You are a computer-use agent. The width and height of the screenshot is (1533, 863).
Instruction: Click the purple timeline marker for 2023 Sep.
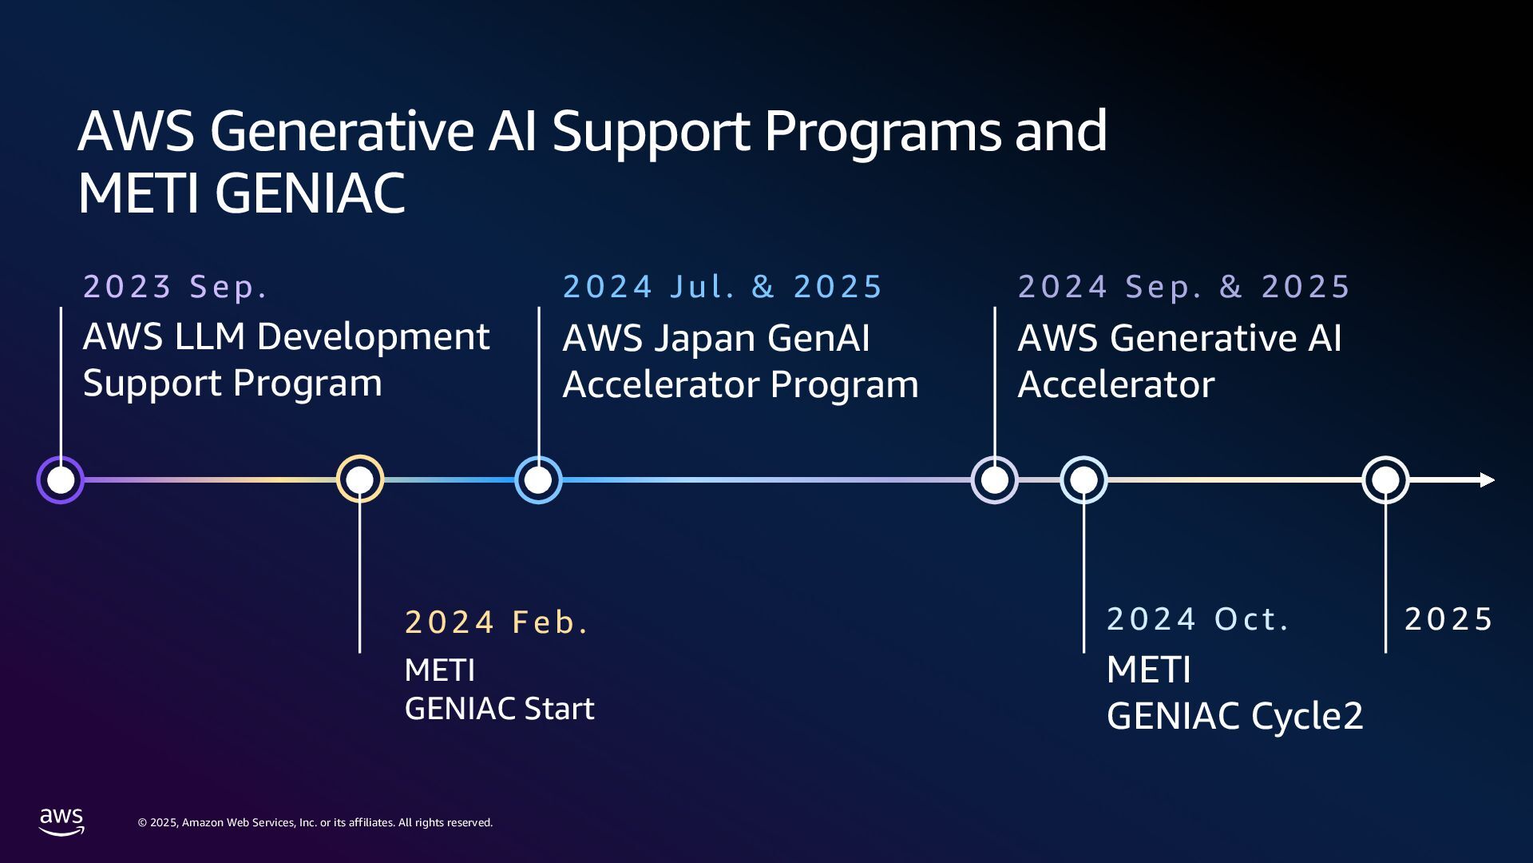click(61, 480)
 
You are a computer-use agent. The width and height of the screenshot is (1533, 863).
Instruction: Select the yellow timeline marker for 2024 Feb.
click(360, 479)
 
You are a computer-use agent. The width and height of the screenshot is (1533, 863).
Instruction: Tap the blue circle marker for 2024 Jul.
click(539, 480)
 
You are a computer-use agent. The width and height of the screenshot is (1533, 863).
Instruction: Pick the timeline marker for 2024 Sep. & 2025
click(995, 480)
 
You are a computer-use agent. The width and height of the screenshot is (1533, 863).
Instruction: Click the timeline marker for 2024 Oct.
click(1083, 480)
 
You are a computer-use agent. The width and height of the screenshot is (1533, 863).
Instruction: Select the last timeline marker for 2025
click(1385, 480)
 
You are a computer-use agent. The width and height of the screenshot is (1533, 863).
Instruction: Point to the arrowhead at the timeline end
click(1487, 480)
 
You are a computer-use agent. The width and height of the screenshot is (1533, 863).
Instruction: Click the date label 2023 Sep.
click(175, 287)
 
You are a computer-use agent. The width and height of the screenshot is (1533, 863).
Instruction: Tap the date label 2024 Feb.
click(497, 622)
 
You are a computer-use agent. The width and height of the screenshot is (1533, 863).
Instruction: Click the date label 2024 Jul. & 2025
click(723, 287)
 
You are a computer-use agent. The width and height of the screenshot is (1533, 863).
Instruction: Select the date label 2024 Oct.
click(1198, 619)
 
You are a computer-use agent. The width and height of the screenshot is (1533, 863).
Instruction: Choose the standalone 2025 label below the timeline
click(1448, 619)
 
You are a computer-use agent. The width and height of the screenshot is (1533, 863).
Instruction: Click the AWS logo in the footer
click(61, 821)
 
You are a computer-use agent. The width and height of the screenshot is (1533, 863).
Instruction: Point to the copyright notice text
click(315, 823)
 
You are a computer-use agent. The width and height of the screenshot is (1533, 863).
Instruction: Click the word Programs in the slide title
click(882, 132)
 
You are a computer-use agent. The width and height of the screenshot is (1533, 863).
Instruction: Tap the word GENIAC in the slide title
click(310, 194)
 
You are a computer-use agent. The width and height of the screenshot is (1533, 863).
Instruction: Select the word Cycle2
click(1307, 717)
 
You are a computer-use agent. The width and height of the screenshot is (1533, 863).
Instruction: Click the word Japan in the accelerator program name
click(705, 339)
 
